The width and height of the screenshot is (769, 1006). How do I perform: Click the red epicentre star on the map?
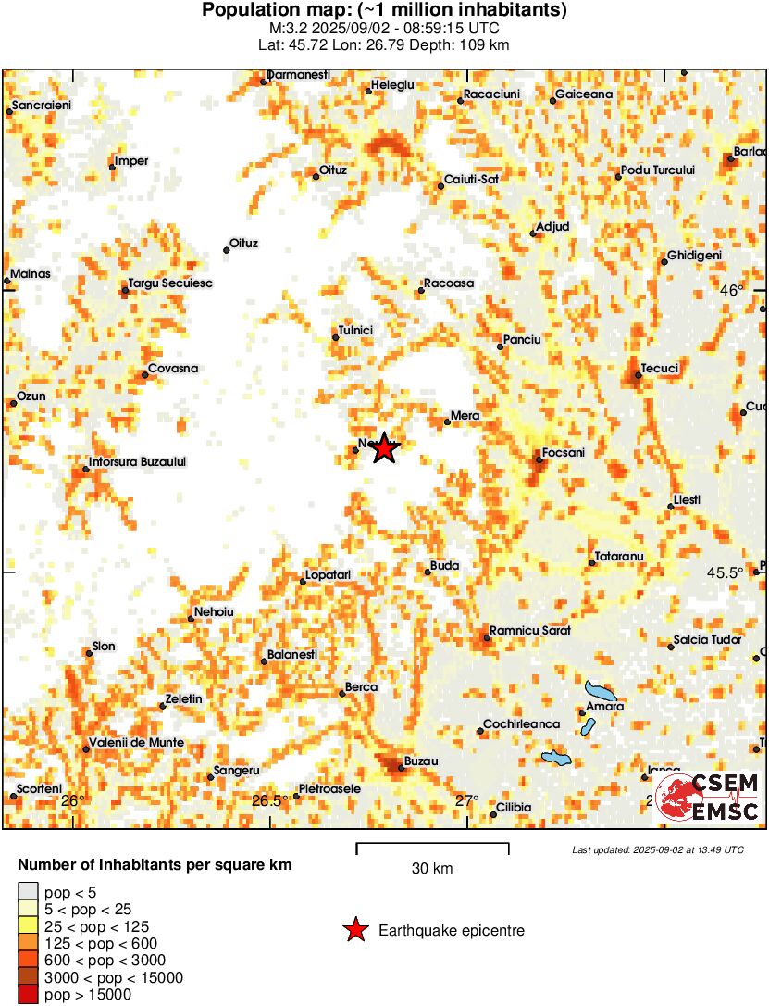[x=385, y=449]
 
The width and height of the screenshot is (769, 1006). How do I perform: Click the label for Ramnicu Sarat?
[x=529, y=630]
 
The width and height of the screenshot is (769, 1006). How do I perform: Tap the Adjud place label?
[x=553, y=226]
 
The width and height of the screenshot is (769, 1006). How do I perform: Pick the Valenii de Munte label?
[x=135, y=743]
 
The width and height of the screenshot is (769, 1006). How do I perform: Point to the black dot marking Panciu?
[x=501, y=346]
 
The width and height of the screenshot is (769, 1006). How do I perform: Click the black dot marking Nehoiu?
[x=192, y=618]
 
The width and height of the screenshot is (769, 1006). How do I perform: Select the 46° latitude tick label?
[x=732, y=290]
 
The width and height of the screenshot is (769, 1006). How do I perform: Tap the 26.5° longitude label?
[x=269, y=800]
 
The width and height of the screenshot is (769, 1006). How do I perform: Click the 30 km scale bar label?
[x=432, y=868]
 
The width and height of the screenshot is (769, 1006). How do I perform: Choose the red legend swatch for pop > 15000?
[x=28, y=994]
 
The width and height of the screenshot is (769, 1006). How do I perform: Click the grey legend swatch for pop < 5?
[x=28, y=894]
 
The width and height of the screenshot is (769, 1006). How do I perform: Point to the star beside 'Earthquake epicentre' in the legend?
[x=354, y=931]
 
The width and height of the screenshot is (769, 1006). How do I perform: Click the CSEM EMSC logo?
[x=707, y=797]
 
